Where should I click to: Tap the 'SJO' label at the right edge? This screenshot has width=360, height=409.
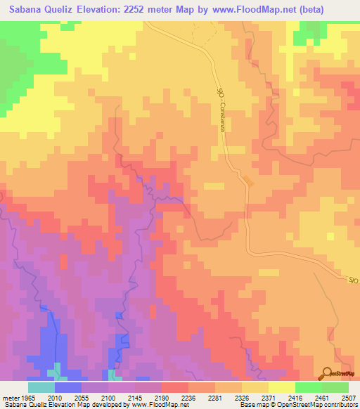(354, 280)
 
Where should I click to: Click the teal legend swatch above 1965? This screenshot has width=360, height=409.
(41, 387)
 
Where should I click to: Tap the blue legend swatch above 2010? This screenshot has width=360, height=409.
(68, 387)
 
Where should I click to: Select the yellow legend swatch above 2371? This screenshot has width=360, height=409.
(282, 387)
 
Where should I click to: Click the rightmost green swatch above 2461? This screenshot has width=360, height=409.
(335, 387)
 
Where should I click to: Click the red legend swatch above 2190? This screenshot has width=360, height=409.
(175, 387)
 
